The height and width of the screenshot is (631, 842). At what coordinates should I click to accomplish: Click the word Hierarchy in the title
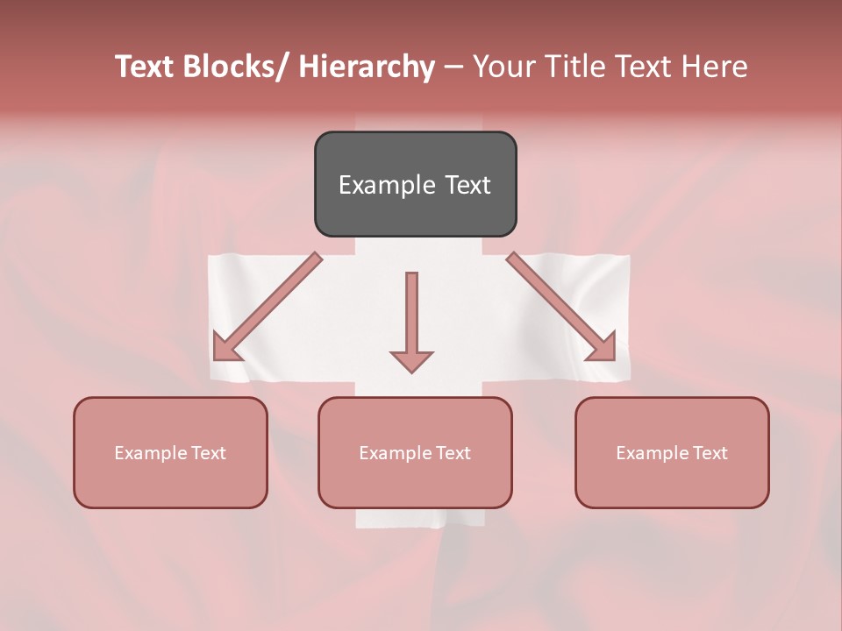click(367, 67)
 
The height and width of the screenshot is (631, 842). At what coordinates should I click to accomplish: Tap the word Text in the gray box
click(467, 185)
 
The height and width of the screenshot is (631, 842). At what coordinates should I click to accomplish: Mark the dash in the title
click(453, 67)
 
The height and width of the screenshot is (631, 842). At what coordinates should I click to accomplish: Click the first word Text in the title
click(145, 67)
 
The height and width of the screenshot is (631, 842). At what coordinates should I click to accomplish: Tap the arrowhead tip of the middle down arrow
click(411, 372)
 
